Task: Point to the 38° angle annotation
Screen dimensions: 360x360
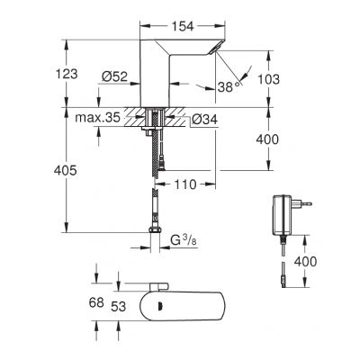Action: pyautogui.click(x=229, y=87)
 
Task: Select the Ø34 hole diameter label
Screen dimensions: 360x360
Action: pyautogui.click(x=205, y=118)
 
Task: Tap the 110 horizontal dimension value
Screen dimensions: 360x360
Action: pyautogui.click(x=185, y=184)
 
